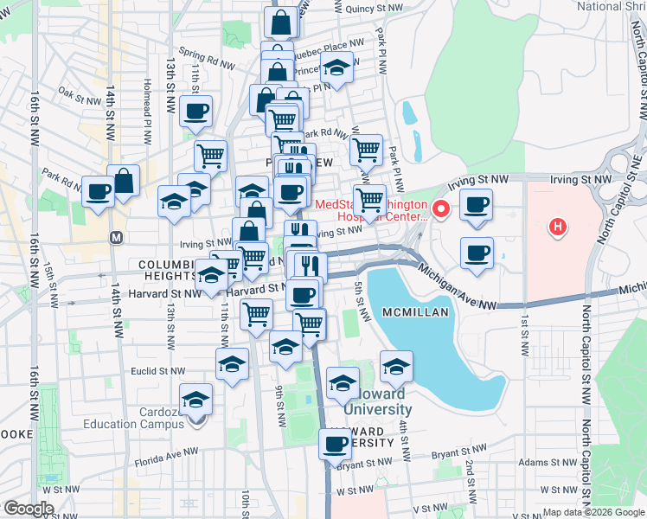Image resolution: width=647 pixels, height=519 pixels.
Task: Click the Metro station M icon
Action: (x=115, y=236)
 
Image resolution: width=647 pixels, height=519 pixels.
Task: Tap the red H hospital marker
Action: (x=559, y=227)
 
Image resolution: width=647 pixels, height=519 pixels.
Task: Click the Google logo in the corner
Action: (x=29, y=509)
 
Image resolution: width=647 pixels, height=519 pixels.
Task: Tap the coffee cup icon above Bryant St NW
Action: (x=335, y=445)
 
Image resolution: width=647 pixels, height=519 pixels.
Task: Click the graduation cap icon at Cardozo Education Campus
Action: (x=197, y=400)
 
